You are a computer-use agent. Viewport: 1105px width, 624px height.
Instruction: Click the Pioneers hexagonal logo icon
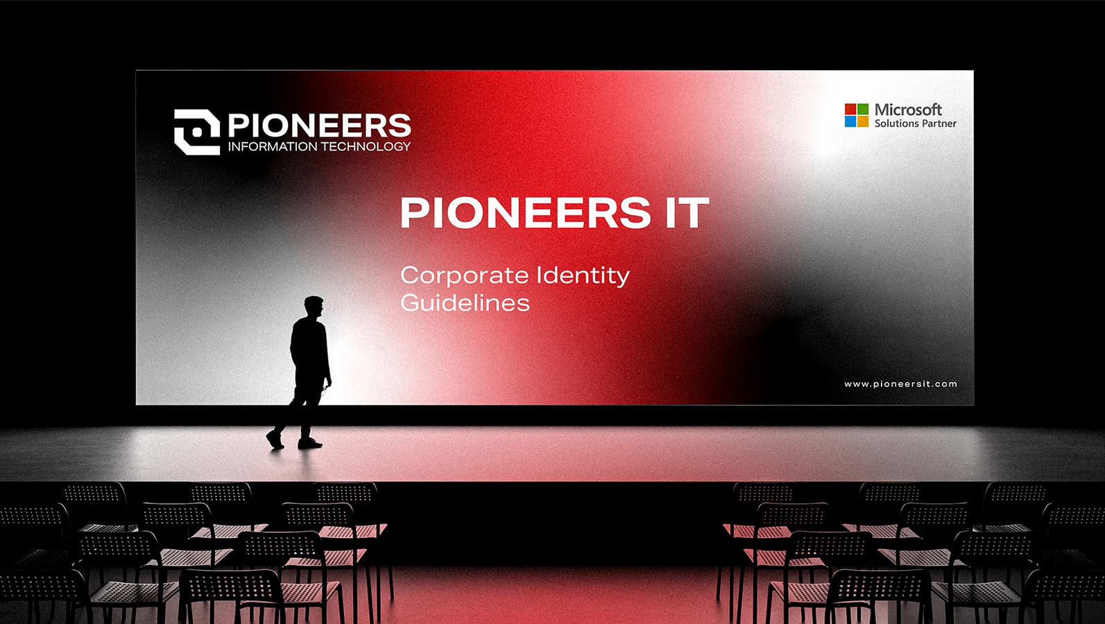pyautogui.click(x=197, y=132)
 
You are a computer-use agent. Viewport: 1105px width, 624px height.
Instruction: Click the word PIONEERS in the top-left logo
pyautogui.click(x=319, y=125)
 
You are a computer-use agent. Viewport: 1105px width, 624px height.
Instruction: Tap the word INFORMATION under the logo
pyautogui.click(x=273, y=146)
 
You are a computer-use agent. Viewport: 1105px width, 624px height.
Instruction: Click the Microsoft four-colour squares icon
pyautogui.click(x=857, y=115)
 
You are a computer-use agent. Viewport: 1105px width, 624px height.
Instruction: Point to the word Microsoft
pyautogui.click(x=908, y=110)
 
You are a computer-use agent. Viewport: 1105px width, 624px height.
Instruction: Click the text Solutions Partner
pyautogui.click(x=916, y=123)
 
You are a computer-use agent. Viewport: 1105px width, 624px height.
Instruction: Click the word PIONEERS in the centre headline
pyautogui.click(x=525, y=212)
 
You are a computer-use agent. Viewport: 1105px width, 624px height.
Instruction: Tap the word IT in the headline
pyautogui.click(x=687, y=212)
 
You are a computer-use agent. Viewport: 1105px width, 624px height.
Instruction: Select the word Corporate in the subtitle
pyautogui.click(x=465, y=275)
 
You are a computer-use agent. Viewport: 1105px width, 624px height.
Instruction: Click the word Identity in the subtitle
pyautogui.click(x=583, y=275)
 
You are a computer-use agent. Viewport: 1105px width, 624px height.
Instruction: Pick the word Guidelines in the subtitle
pyautogui.click(x=465, y=302)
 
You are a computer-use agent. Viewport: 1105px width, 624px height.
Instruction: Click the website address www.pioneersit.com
pyautogui.click(x=901, y=384)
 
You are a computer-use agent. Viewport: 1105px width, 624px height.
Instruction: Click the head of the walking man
pyautogui.click(x=314, y=307)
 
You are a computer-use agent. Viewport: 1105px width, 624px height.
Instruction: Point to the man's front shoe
pyautogui.click(x=310, y=444)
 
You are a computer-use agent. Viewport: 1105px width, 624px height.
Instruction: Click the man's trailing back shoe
pyautogui.click(x=275, y=440)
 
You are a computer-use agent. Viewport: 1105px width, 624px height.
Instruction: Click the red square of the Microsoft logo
pyautogui.click(x=850, y=109)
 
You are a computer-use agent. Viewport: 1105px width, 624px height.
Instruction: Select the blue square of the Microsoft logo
pyautogui.click(x=850, y=122)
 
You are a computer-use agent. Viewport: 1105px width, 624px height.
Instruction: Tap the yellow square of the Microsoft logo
pyautogui.click(x=863, y=122)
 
